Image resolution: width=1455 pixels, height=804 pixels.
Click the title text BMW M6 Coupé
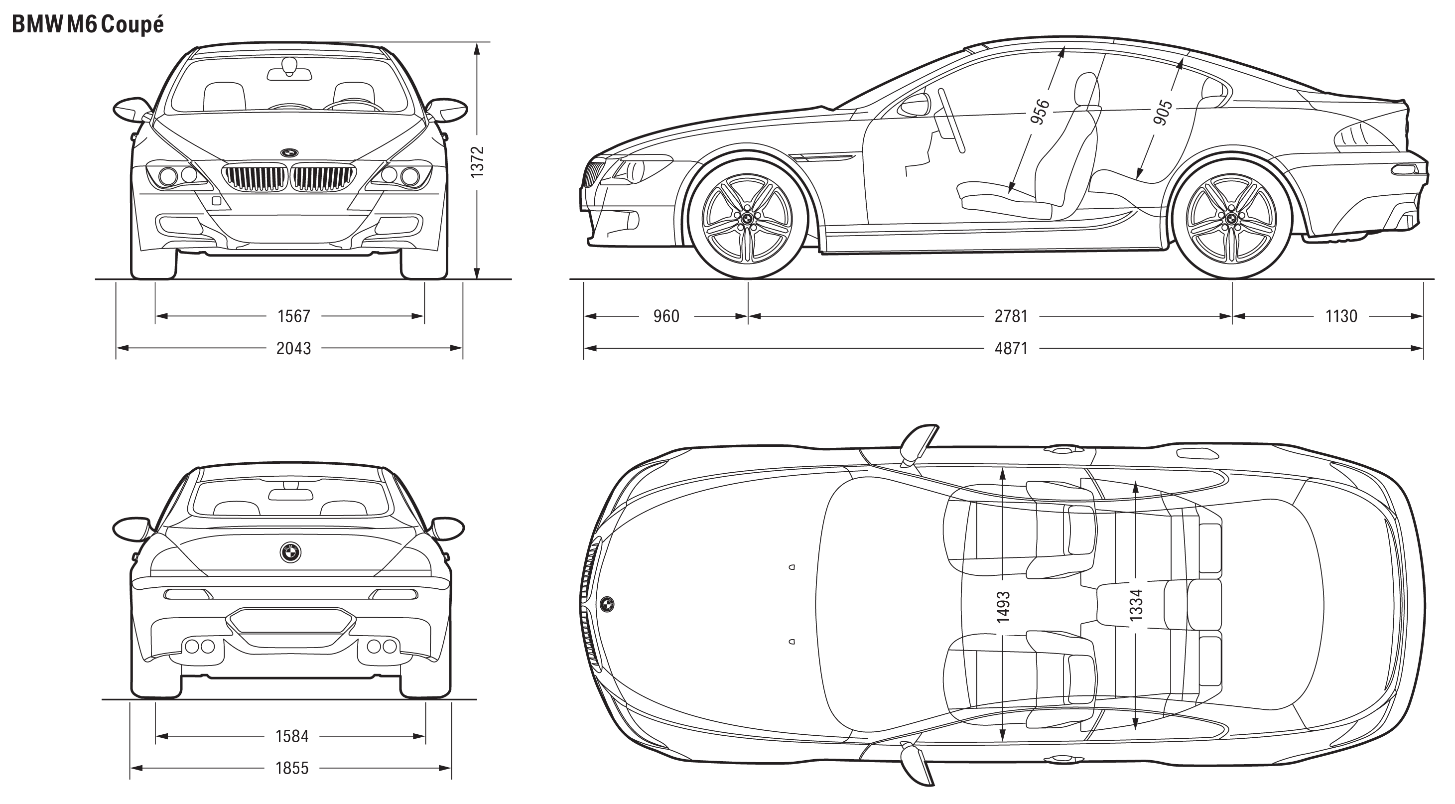(x=88, y=25)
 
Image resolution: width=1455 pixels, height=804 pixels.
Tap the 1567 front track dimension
(x=294, y=316)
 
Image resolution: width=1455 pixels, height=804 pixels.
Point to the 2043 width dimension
(x=294, y=348)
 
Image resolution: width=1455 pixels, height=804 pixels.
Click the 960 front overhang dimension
(x=666, y=316)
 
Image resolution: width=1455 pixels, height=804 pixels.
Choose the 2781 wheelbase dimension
(x=1011, y=316)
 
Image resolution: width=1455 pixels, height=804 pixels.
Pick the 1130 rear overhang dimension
(x=1341, y=316)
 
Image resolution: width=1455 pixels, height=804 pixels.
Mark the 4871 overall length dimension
(x=1011, y=348)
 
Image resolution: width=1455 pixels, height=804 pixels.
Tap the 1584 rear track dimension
(x=292, y=736)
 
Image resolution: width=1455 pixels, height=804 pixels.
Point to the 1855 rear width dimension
(x=292, y=768)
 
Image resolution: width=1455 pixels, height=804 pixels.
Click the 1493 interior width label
(x=1003, y=607)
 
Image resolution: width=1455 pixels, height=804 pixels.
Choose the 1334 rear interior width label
(x=1136, y=605)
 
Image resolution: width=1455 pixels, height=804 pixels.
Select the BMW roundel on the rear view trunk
(x=290, y=552)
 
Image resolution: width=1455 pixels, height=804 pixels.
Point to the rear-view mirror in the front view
(x=289, y=70)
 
